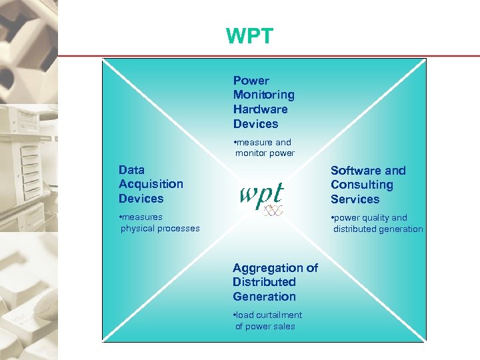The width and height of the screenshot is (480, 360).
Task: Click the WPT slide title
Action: coord(249,37)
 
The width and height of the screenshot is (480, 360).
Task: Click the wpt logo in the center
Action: coord(261,195)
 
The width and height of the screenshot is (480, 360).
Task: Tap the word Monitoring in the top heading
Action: coord(263,95)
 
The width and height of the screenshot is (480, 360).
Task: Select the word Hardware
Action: coord(260,109)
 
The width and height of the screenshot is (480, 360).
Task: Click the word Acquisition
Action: coord(151,184)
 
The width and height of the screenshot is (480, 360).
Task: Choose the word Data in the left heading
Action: coord(131,170)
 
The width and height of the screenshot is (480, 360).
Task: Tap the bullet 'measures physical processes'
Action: coord(159,223)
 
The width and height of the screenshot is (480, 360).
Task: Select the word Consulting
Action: coord(361,185)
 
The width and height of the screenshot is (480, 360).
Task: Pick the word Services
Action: coord(355,199)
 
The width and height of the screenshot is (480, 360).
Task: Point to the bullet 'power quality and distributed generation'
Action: coord(377,223)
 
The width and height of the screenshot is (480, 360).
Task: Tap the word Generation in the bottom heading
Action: coord(264,297)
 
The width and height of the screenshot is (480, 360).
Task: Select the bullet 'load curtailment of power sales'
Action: coord(267,321)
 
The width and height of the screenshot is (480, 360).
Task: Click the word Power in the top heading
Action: coord(251,81)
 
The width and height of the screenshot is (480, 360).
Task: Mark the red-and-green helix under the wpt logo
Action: coord(273,211)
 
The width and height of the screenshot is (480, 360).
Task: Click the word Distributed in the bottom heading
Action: coord(264,282)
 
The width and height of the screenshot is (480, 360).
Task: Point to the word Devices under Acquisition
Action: coord(141,199)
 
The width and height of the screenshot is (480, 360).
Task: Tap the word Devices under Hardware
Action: coord(255,124)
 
